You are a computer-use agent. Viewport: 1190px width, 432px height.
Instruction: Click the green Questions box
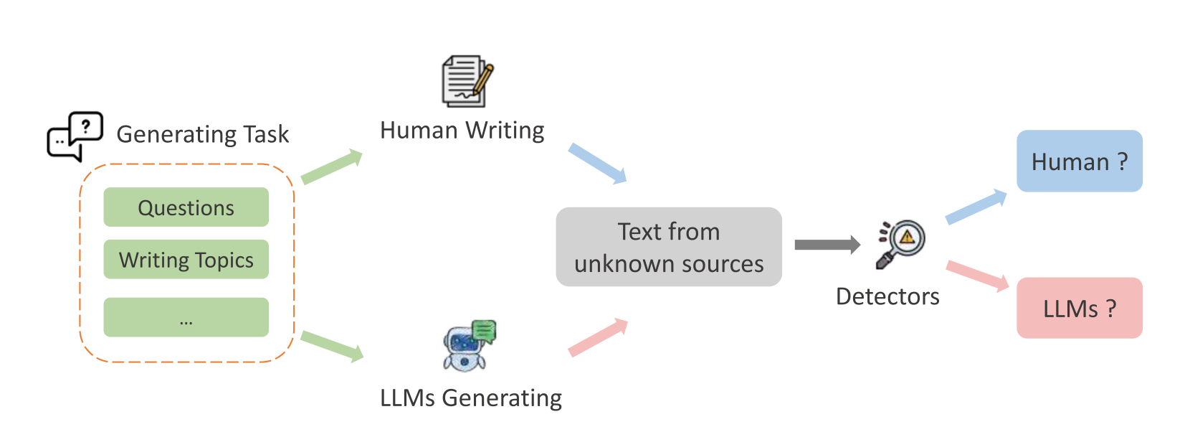tap(186, 207)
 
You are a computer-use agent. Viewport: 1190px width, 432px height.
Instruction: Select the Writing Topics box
tap(186, 259)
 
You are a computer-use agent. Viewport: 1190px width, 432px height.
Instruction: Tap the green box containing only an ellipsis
tap(186, 317)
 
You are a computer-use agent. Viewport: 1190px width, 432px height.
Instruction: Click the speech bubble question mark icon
tap(75, 136)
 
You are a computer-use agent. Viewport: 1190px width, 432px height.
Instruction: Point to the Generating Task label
tap(202, 134)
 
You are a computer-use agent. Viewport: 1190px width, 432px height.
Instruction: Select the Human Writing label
tap(462, 131)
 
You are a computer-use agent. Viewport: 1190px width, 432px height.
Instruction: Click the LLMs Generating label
tap(470, 398)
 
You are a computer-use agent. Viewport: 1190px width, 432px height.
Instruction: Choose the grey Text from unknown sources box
tap(668, 247)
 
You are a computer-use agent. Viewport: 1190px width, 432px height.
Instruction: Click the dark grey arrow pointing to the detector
tap(827, 245)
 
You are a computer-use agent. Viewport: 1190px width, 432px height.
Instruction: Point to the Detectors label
tap(887, 296)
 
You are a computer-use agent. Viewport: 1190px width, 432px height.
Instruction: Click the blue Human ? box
tap(1079, 161)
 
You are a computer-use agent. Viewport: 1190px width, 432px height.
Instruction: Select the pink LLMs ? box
tap(1079, 308)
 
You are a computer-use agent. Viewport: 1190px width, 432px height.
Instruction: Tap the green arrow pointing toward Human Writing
tap(331, 167)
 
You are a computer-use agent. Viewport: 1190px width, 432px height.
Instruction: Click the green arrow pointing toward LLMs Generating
tap(332, 346)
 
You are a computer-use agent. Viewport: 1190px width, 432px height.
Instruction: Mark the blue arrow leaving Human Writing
tap(597, 163)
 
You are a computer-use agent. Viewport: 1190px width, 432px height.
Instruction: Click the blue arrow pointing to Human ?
tap(976, 207)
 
